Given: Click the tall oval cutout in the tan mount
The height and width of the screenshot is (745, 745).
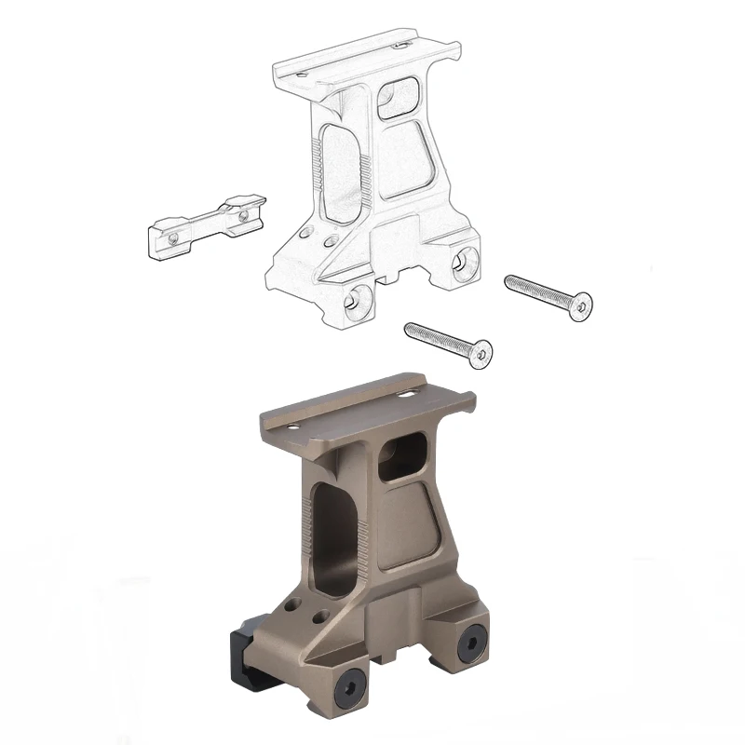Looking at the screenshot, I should [x=334, y=536].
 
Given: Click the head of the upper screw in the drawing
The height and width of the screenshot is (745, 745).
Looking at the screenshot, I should [x=581, y=305].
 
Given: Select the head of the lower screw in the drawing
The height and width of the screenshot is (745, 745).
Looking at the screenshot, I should [x=481, y=354].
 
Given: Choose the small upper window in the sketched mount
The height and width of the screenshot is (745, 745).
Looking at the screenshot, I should [x=401, y=97].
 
